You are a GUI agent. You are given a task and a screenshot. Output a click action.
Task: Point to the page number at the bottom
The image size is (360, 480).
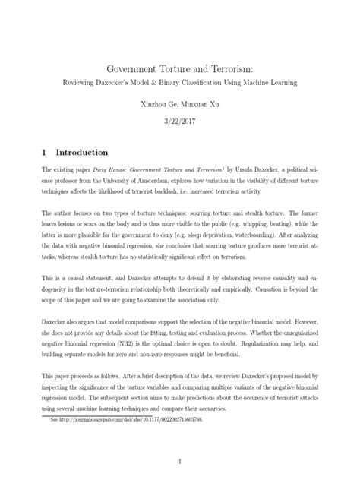pos(180,460)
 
